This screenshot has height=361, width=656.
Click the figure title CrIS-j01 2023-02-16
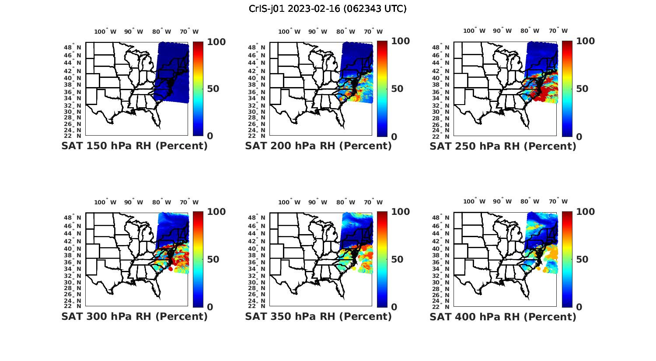(x=328, y=9)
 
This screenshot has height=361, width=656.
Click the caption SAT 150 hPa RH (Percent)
(x=134, y=146)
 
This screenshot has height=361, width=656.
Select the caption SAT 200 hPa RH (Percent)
(x=318, y=146)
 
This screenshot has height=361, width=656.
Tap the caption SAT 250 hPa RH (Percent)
(x=503, y=146)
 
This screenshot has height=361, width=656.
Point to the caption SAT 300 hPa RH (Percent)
(x=134, y=316)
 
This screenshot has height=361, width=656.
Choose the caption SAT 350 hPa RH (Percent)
(x=318, y=316)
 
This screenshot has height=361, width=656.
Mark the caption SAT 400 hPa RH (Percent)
(x=503, y=316)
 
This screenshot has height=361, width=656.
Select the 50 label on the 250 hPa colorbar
(x=582, y=89)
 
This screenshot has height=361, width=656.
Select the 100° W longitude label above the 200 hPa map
(x=289, y=32)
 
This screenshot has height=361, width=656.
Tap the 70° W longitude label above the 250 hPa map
(x=558, y=31)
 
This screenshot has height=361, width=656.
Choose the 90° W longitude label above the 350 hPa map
(x=318, y=202)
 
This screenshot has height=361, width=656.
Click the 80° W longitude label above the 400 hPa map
(x=530, y=201)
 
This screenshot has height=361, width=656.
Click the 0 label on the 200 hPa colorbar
(x=394, y=137)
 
